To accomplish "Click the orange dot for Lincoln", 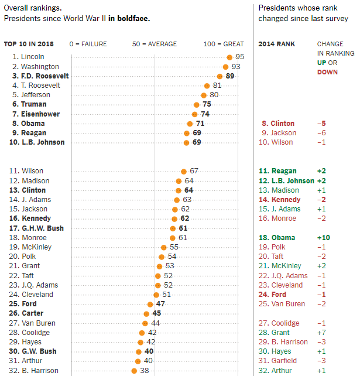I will pyautogui.click(x=229, y=57).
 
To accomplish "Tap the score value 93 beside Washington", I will pyautogui.click(x=236, y=66).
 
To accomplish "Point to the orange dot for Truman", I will pyautogui.click(x=197, y=104).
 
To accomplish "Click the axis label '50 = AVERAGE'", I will pyautogui.click(x=154, y=44).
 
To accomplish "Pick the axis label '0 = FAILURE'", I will pyautogui.click(x=88, y=44).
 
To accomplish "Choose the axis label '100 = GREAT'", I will pyautogui.click(x=224, y=44).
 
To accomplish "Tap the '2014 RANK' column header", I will pyautogui.click(x=277, y=44).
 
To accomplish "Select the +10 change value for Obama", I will pyautogui.click(x=323, y=238).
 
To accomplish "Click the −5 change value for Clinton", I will pyautogui.click(x=321, y=124).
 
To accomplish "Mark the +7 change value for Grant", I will pyautogui.click(x=321, y=333).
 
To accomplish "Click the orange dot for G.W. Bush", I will pyautogui.click(x=139, y=351).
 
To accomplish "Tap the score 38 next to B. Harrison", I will pyautogui.click(x=145, y=371).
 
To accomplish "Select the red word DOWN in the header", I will pyautogui.click(x=328, y=72).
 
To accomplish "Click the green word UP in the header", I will pyautogui.click(x=323, y=63).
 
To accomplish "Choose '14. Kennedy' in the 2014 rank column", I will pyautogui.click(x=279, y=200).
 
